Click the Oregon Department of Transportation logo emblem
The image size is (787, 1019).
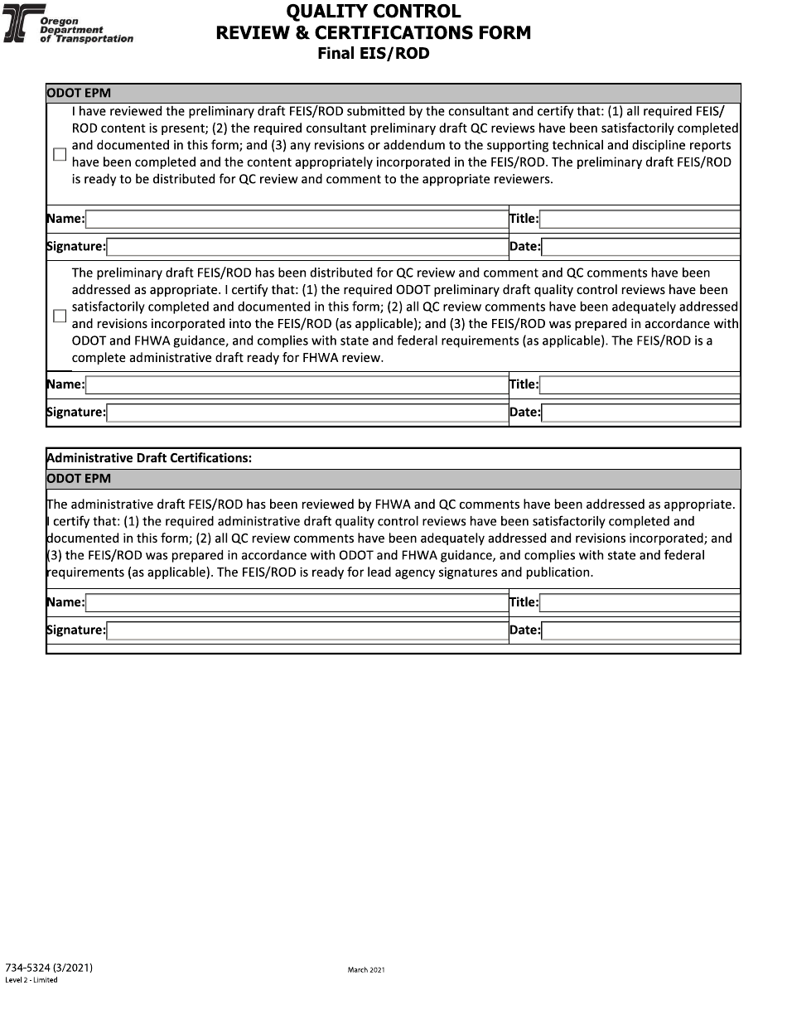[x=20, y=25]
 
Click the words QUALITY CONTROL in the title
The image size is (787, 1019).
[x=373, y=12]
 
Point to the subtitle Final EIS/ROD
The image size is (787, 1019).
[x=374, y=54]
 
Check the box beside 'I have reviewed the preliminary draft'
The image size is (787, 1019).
[x=60, y=154]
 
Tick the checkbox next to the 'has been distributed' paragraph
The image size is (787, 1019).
[x=60, y=316]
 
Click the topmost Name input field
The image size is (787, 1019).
[x=296, y=220]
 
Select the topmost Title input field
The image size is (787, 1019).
[x=640, y=220]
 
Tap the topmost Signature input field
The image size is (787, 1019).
[x=307, y=247]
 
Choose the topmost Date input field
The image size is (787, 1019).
[x=640, y=247]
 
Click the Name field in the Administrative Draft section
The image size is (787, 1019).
[x=296, y=603]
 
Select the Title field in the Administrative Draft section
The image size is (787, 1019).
[x=640, y=603]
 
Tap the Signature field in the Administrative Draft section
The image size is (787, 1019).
[x=307, y=630]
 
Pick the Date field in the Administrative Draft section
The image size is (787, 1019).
[x=640, y=630]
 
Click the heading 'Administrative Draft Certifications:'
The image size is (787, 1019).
[x=149, y=458]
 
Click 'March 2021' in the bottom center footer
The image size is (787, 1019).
[x=366, y=969]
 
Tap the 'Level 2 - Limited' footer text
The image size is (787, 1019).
[x=31, y=980]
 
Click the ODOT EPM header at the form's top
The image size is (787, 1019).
[x=79, y=93]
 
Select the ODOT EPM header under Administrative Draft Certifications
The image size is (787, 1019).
[x=79, y=479]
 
